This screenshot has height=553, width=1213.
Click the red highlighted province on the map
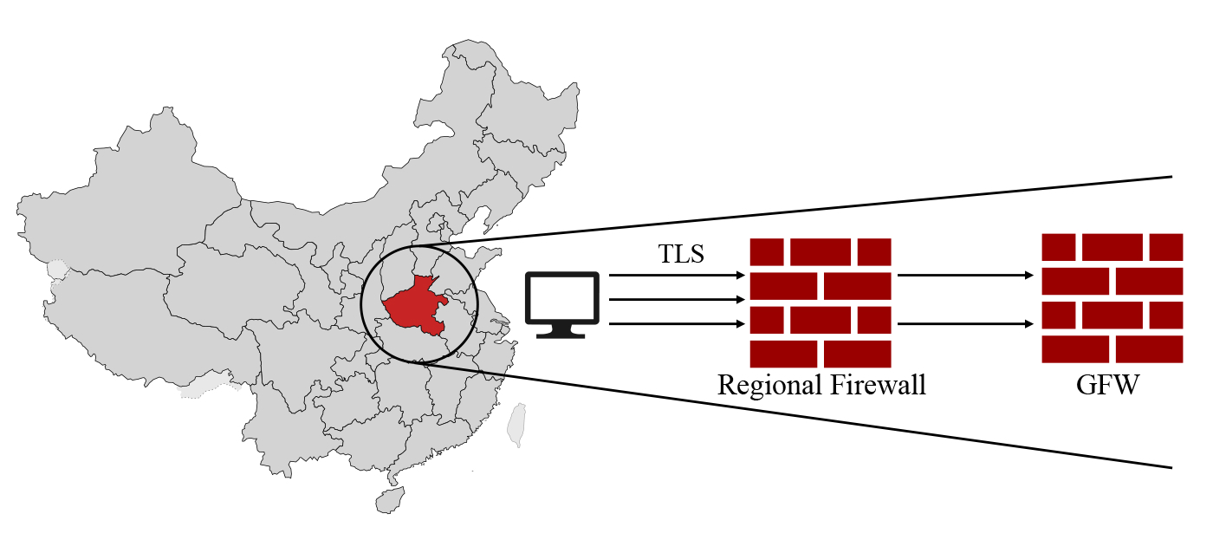pos(414,308)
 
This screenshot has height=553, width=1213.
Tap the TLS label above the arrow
pos(682,254)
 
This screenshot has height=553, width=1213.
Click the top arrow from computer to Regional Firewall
pos(676,276)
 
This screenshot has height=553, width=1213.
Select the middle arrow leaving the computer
pos(676,300)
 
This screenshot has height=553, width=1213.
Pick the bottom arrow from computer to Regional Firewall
pos(676,324)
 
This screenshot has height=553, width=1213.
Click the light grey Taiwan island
pos(516,425)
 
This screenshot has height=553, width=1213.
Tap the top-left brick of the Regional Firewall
pos(766,251)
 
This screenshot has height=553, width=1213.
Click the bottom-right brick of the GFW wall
pos(1149,349)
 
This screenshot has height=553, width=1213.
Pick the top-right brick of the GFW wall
pos(1166,246)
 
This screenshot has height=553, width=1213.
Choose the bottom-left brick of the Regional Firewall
pos(783,354)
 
